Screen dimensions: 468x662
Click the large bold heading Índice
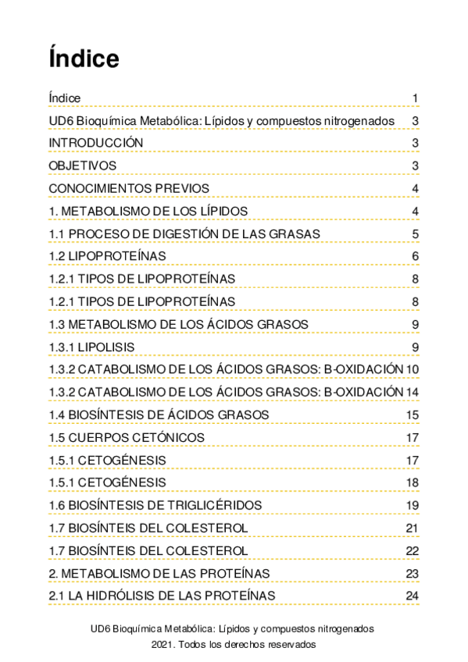(84, 59)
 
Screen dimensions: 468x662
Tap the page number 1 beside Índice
(416, 98)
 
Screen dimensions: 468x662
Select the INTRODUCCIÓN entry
(96, 143)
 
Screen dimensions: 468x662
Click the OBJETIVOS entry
(82, 165)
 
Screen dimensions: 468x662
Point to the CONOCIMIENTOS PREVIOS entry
(128, 188)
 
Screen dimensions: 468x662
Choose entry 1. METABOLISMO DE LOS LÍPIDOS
(148, 212)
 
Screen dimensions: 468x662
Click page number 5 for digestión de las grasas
(416, 234)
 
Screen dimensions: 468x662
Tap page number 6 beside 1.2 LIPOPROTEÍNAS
(416, 257)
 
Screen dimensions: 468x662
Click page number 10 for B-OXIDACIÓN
(413, 369)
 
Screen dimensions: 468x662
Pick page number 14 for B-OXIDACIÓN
(413, 392)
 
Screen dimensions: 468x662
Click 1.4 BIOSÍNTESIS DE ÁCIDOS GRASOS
(159, 415)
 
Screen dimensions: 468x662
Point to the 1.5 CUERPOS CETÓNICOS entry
(127, 437)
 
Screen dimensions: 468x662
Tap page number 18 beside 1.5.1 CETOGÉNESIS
(413, 482)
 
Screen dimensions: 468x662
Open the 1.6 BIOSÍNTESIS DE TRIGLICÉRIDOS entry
(155, 505)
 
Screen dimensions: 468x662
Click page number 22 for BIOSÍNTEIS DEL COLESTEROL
(413, 551)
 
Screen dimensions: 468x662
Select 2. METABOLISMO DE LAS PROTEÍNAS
(159, 574)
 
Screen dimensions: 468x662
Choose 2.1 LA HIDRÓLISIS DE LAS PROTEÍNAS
(162, 596)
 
